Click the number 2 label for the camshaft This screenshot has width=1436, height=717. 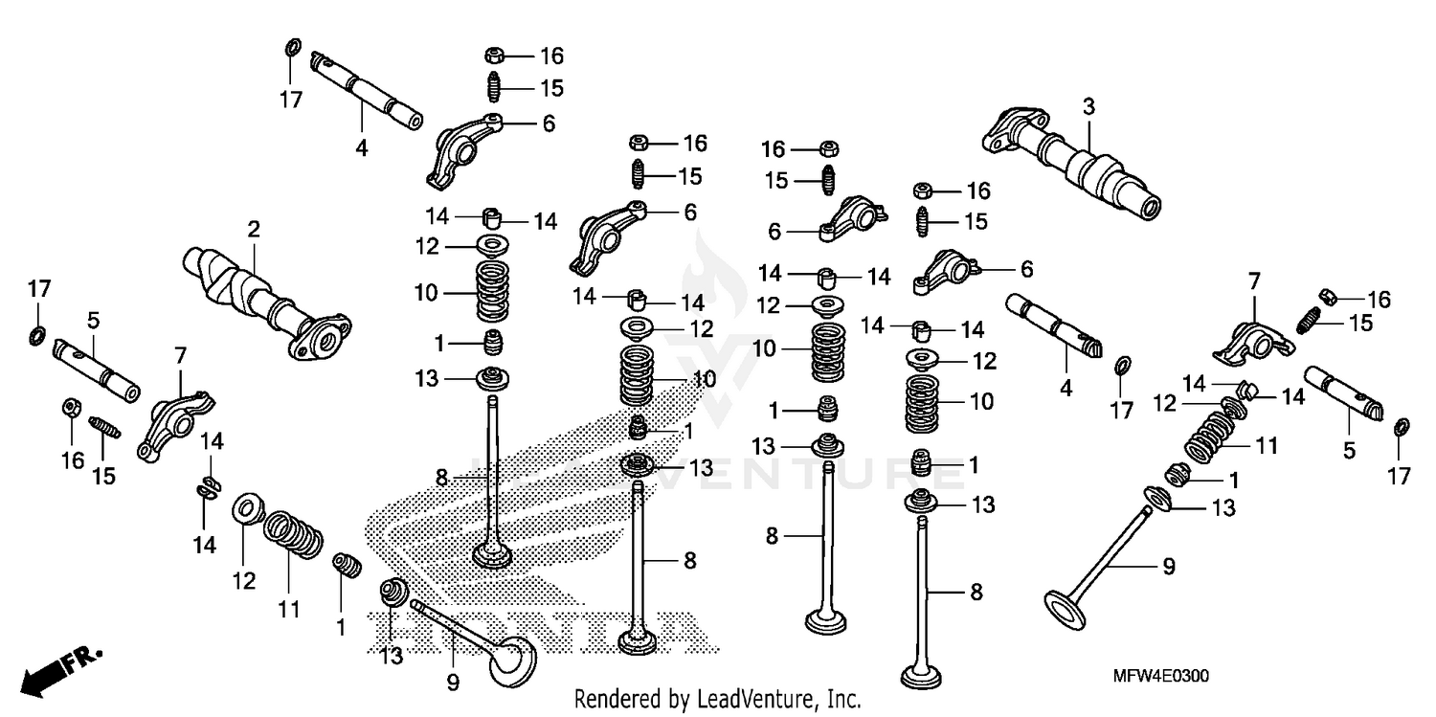coord(253,229)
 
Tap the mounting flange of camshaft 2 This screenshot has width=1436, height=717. coord(321,340)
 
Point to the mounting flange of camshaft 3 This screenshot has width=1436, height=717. coord(1003,130)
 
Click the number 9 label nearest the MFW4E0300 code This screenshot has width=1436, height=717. coord(1168,567)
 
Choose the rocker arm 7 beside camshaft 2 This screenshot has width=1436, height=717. coord(172,422)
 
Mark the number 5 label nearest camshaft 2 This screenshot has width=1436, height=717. coord(94,319)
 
